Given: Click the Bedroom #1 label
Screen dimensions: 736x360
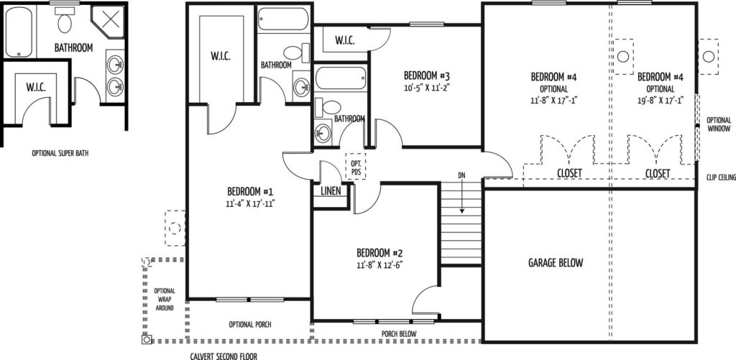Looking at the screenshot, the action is pos(250,192).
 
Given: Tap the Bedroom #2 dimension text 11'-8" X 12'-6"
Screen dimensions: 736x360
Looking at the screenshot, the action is pos(379,264).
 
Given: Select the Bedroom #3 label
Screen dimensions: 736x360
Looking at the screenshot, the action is pos(427,75).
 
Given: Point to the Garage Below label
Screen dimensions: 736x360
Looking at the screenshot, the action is pos(556,262).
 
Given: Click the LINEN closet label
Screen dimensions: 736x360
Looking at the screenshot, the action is pos(331,192).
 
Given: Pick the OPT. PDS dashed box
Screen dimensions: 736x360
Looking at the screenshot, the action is pos(356,166).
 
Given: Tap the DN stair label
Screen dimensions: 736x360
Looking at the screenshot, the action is pos(462,175).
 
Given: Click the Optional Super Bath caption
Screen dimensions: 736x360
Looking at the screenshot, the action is pos(60,153).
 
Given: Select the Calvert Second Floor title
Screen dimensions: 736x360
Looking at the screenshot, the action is pos(224,356).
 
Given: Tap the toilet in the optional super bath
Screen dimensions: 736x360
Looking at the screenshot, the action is pos(64,22).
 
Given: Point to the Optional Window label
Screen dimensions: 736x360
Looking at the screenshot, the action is pos(719,124).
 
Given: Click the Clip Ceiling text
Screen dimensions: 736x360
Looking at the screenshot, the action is pos(720,177).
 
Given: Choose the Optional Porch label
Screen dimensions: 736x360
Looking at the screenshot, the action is pos(249,324).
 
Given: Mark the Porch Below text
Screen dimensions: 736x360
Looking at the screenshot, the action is pos(398,333).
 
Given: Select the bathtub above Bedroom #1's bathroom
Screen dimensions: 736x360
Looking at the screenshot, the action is pos(283,19).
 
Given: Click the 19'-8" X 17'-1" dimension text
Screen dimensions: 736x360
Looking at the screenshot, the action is pos(660,101).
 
